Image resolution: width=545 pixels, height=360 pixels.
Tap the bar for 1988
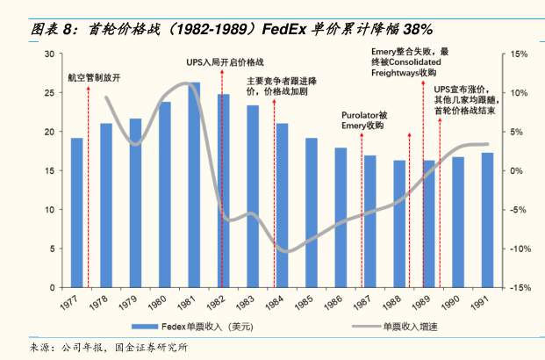(x=399, y=225)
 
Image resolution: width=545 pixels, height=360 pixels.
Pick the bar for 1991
(x=487, y=220)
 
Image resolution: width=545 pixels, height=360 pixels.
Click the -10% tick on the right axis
(x=515, y=248)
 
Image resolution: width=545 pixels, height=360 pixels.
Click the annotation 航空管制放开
(x=94, y=77)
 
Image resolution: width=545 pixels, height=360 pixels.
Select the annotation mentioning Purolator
(x=363, y=120)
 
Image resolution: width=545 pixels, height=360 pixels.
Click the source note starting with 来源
(x=110, y=348)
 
